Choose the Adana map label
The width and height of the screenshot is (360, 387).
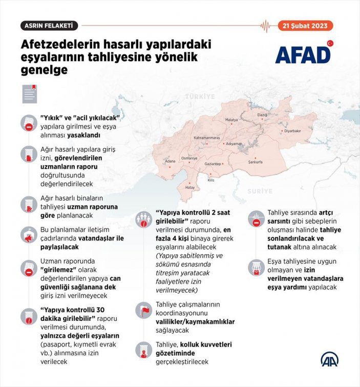coord(170,161)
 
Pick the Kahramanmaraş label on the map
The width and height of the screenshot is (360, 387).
coord(206,138)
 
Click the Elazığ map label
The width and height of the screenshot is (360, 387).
coord(262,115)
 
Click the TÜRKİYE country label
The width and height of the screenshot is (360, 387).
coord(200,96)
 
